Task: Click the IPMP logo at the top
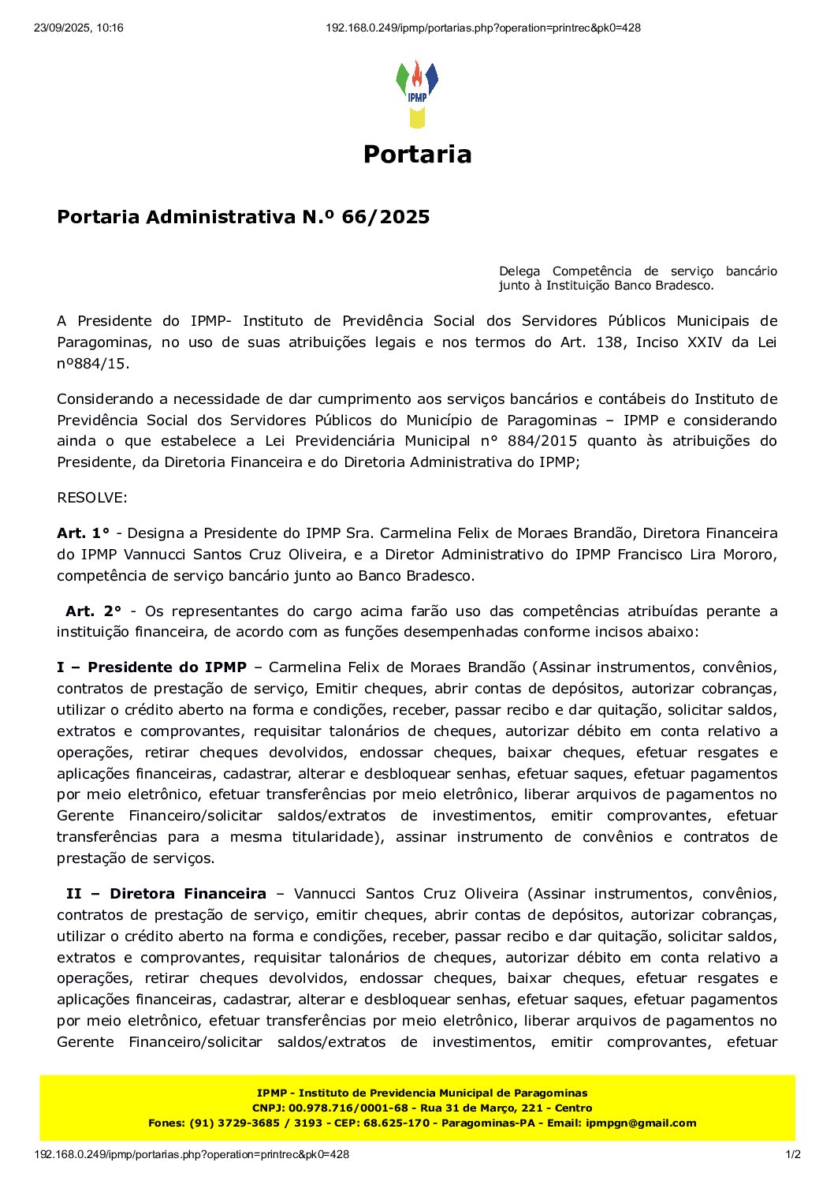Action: [x=417, y=94]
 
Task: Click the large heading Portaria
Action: [x=417, y=154]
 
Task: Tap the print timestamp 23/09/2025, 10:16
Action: [x=79, y=28]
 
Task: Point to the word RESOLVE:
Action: [x=91, y=498]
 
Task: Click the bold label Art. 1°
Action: [x=84, y=533]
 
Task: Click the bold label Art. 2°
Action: [x=94, y=611]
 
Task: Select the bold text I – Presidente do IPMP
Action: [x=151, y=667]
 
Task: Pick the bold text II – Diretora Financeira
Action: [x=166, y=894]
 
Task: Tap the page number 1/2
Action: [x=794, y=1155]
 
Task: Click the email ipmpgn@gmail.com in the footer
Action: [x=641, y=1123]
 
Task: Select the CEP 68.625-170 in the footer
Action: [x=397, y=1123]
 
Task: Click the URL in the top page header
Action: [x=483, y=28]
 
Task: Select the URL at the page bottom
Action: [x=192, y=1155]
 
